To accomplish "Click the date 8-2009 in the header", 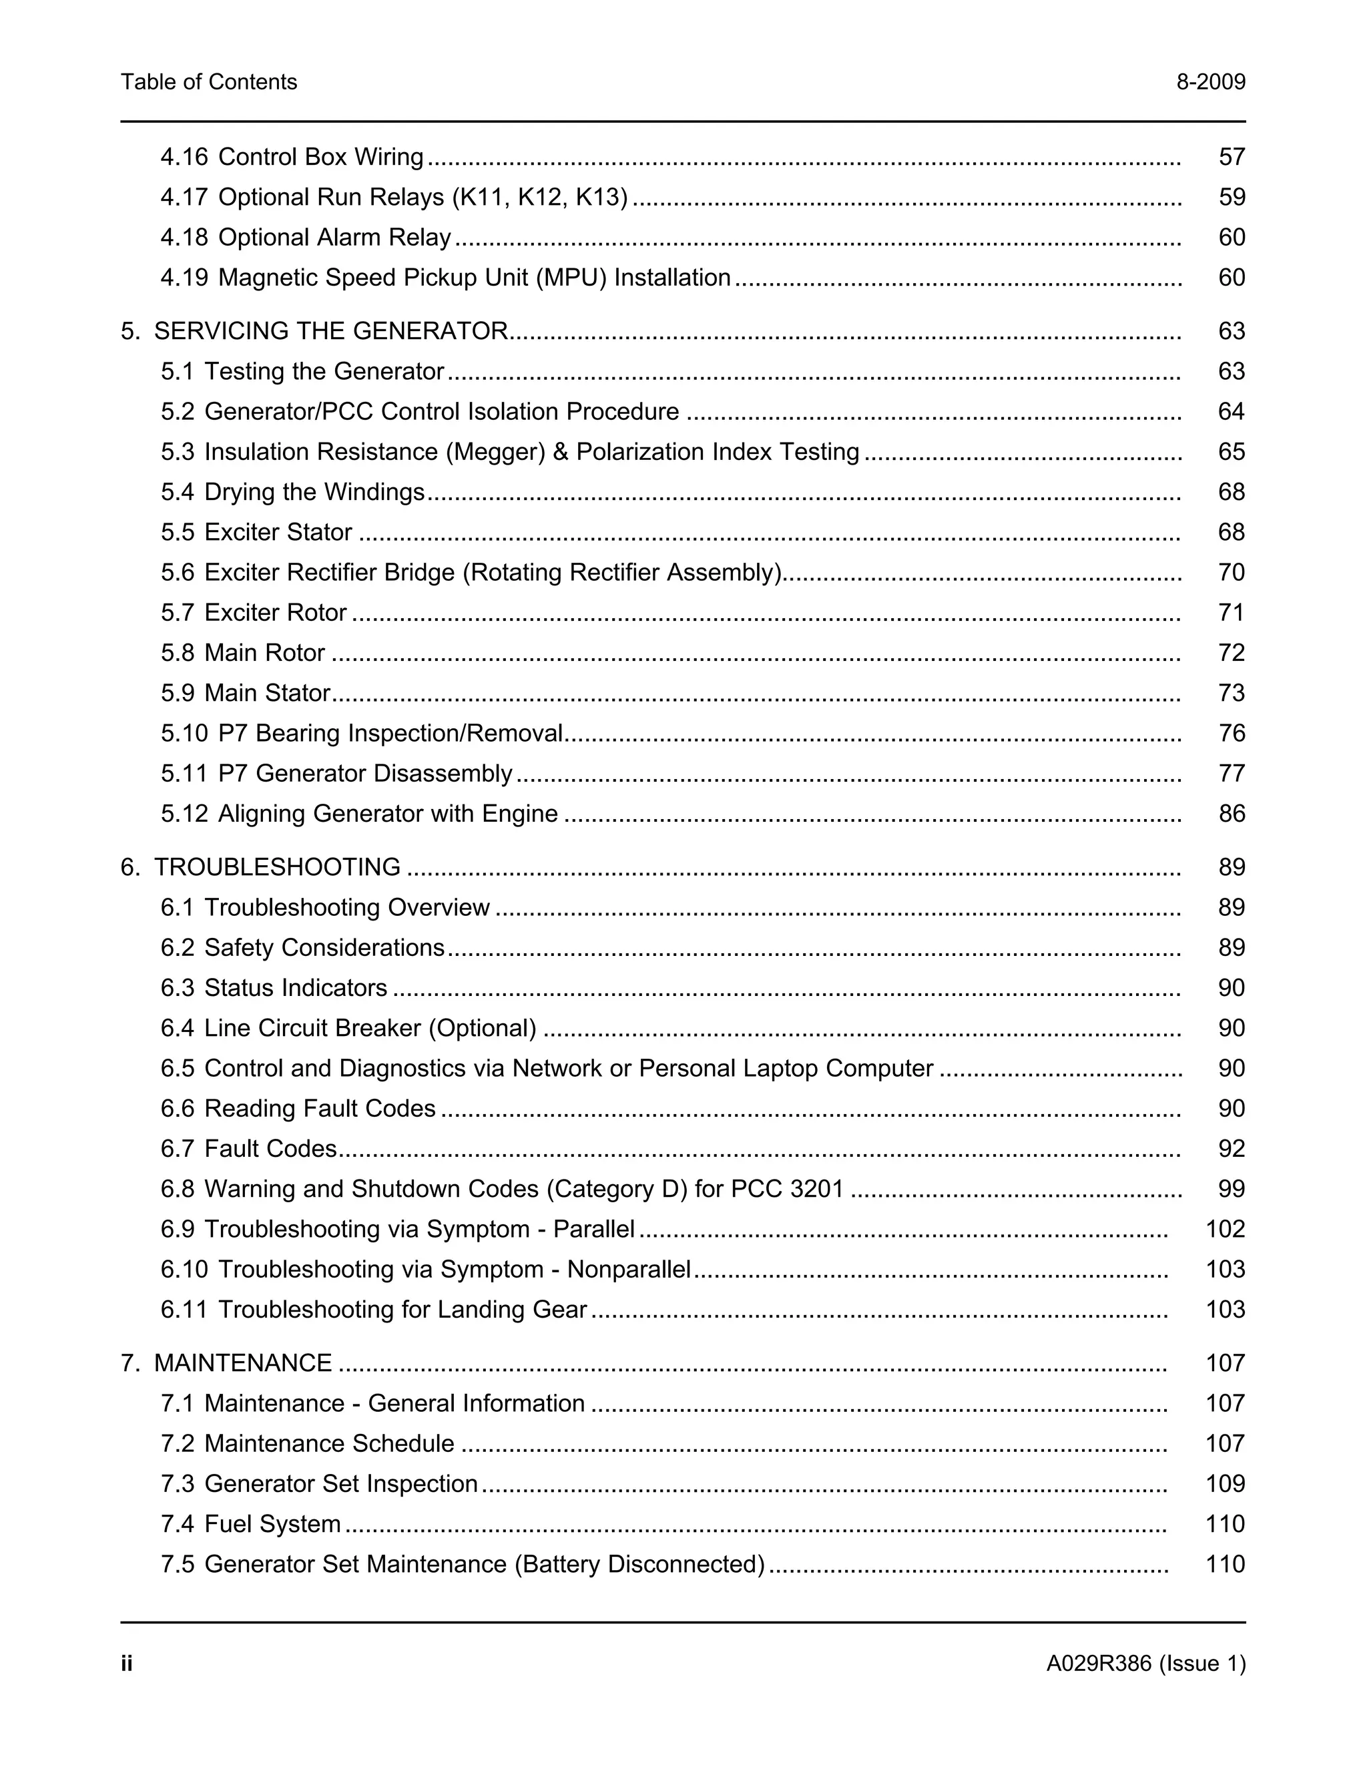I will point(1211,82).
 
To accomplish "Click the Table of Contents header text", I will point(209,82).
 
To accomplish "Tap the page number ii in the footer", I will point(126,1664).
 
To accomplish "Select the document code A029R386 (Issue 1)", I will point(1145,1664).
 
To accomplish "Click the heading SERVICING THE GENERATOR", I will point(330,331).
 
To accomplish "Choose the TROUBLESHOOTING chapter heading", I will point(277,868).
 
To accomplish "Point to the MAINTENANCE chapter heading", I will point(243,1363).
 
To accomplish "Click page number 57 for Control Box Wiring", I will point(1231,157).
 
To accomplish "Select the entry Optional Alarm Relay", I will point(334,238).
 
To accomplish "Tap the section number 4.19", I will point(184,278).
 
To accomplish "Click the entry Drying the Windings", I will point(314,493).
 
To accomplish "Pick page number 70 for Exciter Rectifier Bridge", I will point(1231,573).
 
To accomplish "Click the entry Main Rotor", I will point(264,653).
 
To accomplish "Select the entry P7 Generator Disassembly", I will point(364,774).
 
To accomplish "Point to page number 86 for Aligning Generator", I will point(1231,814).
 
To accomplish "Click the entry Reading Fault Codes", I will point(319,1109).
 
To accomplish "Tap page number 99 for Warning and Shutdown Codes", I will point(1231,1189).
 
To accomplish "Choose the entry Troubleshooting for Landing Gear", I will point(402,1310).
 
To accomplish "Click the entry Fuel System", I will point(272,1525).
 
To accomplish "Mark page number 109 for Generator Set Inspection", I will point(1224,1484).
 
